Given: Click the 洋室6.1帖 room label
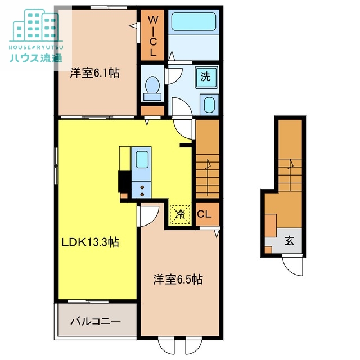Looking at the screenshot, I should [94, 73].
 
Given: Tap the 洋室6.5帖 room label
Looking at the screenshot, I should [178, 278].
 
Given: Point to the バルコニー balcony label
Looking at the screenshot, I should [95, 322].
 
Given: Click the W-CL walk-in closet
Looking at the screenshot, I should [153, 35].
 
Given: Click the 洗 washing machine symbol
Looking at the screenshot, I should [206, 77].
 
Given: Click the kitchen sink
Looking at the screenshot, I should [141, 160].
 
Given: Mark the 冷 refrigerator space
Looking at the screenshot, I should [180, 214].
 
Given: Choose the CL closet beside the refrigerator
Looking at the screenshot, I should [204, 214].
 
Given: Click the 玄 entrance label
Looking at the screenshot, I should [289, 241].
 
